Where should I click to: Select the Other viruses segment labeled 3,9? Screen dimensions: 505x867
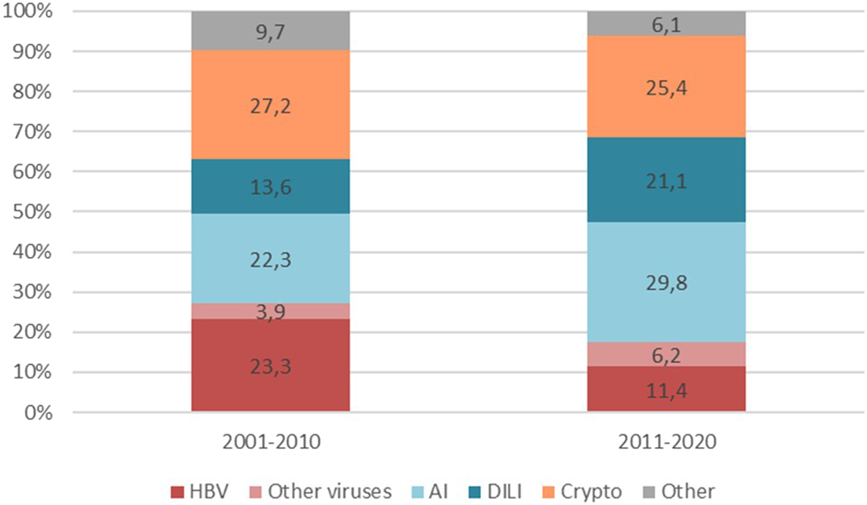pos(270,311)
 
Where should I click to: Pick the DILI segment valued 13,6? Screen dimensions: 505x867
pos(270,186)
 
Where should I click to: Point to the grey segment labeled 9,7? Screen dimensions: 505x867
pos(270,31)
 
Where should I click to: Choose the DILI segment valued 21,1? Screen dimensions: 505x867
pos(666,179)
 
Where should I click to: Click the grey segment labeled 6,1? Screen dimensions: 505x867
pos(666,23)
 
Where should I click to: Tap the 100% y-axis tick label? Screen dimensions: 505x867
pos(25,12)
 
